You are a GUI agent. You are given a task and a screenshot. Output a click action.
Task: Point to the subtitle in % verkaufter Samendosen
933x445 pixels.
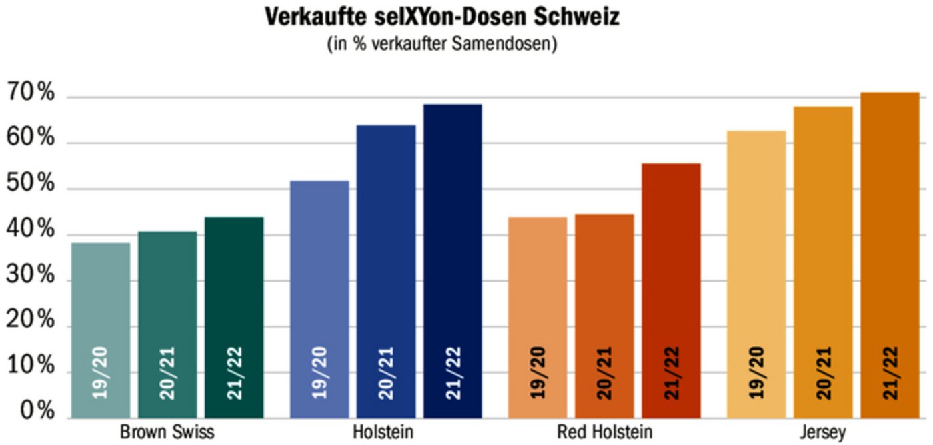pyautogui.click(x=442, y=45)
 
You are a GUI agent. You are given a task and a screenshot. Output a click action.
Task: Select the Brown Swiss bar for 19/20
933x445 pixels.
pyautogui.click(x=101, y=330)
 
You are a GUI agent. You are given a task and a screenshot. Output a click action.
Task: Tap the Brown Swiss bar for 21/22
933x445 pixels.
pyautogui.click(x=234, y=318)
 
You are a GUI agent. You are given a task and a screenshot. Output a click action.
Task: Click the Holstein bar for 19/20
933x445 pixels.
pyautogui.click(x=319, y=299)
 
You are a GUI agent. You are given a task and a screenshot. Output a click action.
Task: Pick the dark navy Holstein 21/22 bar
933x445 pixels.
pyautogui.click(x=453, y=261)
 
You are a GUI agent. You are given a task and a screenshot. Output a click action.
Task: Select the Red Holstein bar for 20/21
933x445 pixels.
pyautogui.click(x=604, y=316)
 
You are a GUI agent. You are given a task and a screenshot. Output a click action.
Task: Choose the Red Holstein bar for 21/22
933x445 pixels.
pyautogui.click(x=671, y=290)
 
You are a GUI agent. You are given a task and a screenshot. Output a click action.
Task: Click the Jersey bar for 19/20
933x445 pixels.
pyautogui.click(x=756, y=274)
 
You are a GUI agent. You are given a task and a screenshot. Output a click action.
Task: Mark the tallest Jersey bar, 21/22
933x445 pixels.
pyautogui.click(x=890, y=255)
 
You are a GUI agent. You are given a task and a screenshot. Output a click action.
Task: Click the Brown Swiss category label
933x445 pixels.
pyautogui.click(x=167, y=432)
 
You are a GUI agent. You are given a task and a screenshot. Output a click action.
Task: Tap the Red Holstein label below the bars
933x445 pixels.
pyautogui.click(x=604, y=432)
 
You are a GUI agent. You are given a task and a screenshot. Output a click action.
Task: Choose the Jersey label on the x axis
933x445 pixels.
pyautogui.click(x=823, y=432)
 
